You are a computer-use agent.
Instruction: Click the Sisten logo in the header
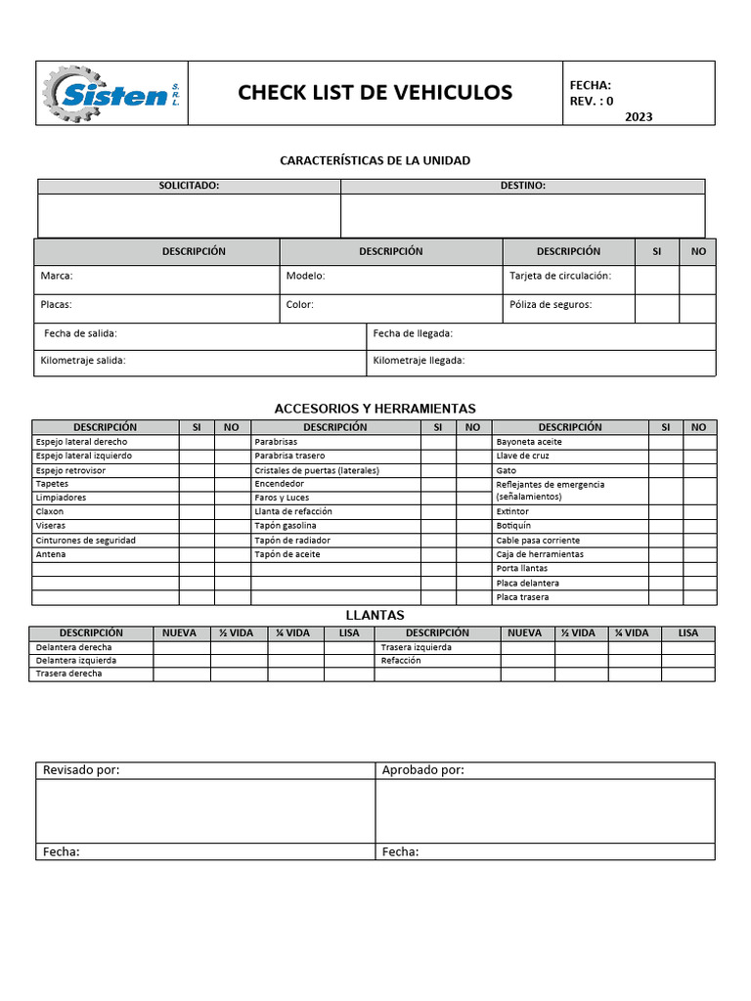point(110,94)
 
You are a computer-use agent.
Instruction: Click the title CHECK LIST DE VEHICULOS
point(375,93)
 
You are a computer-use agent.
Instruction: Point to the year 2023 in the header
point(638,116)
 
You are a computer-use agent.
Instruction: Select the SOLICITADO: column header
point(189,186)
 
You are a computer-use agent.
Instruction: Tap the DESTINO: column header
point(522,186)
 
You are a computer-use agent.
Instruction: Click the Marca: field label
point(57,277)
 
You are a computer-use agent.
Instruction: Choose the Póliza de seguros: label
point(551,305)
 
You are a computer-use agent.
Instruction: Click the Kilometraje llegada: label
point(419,361)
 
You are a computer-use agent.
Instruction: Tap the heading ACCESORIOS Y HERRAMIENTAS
point(375,408)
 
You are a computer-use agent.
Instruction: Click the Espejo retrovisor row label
point(70,470)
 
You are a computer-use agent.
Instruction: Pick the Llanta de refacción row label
point(292,511)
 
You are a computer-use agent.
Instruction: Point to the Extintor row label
point(513,511)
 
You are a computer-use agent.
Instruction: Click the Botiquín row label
point(513,526)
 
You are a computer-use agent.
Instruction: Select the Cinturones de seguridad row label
point(85,541)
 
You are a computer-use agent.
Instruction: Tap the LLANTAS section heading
point(375,615)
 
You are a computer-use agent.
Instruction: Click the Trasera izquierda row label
point(416,647)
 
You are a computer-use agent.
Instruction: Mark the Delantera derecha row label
point(73,647)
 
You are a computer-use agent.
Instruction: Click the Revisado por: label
point(81,770)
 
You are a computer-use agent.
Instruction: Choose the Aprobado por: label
point(422,770)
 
